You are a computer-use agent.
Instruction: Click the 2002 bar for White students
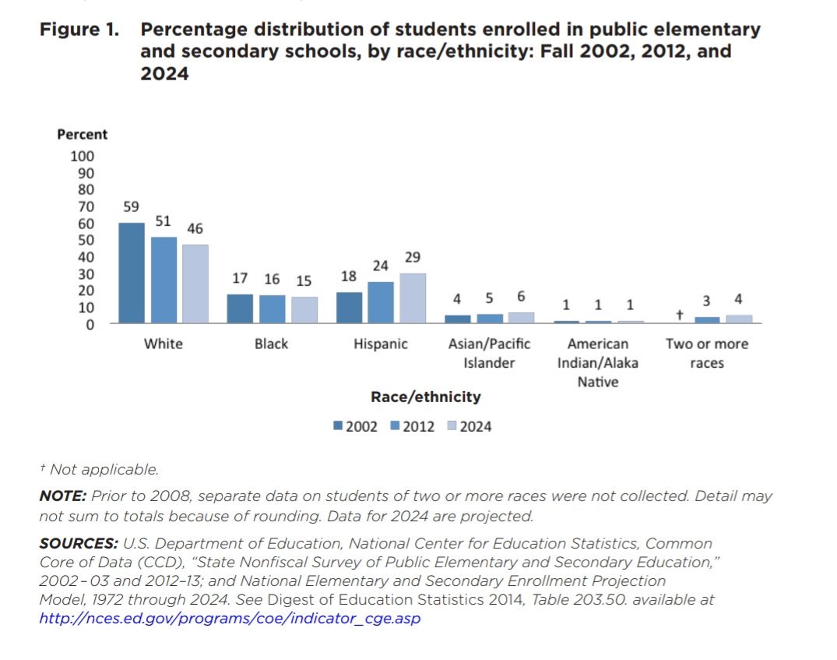pos(132,273)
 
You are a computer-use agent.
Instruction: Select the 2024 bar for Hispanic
pos(413,298)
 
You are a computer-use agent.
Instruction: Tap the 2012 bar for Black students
pos(273,309)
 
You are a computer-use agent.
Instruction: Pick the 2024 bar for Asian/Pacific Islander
pos(522,318)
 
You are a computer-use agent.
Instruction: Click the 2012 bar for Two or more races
pos(707,319)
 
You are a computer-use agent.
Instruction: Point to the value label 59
pos(131,207)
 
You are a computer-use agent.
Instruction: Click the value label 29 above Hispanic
pos(413,257)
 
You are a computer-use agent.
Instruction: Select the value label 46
pos(195,229)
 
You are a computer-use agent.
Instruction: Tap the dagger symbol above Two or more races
pos(679,315)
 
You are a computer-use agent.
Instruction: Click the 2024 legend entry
pos(469,426)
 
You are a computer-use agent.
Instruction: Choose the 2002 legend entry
pos(356,426)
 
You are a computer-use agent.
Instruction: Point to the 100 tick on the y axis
pos(82,156)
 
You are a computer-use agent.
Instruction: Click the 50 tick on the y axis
pos(85,240)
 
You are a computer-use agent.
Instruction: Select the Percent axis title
pos(83,134)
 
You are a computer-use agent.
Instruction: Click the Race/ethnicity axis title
pos(425,397)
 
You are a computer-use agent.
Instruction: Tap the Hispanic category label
pos(381,344)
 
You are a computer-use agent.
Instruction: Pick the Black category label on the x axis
pos(271,344)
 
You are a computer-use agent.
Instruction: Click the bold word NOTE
pos(63,496)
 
